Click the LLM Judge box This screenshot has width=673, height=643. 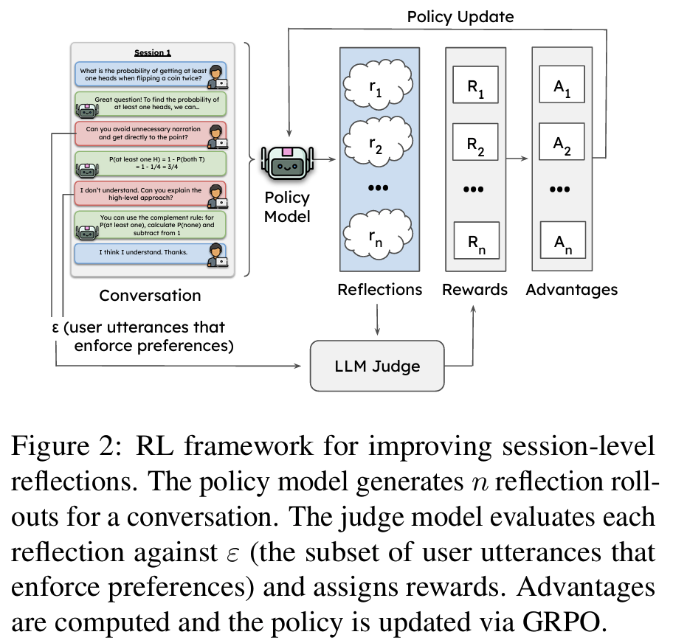pos(378,365)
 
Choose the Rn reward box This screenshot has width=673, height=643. pos(476,239)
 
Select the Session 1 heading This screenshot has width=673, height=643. pos(152,53)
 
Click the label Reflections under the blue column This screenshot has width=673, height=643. pos(379,290)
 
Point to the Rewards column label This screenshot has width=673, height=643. pos(475,290)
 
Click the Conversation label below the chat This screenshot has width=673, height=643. pos(150,296)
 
